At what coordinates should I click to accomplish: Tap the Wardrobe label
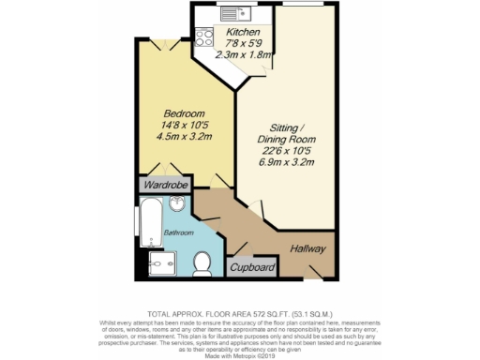pos(164,186)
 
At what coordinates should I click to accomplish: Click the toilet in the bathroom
pos(200,262)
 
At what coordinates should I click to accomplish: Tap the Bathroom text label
pos(179,232)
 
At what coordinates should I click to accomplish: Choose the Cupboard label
pos(253,268)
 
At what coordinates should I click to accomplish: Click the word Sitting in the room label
pos(286,127)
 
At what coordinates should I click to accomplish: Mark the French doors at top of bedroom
pos(167,42)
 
